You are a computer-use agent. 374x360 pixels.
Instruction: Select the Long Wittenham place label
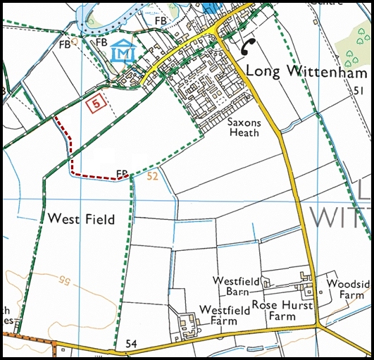tap(307, 73)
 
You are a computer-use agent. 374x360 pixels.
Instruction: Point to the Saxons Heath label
tap(244, 127)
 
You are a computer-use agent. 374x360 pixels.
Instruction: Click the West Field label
tap(80, 220)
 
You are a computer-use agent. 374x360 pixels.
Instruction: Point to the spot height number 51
tap(358, 92)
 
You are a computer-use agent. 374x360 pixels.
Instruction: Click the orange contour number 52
tap(154, 178)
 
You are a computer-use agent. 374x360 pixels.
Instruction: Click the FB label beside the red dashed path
tap(122, 173)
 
